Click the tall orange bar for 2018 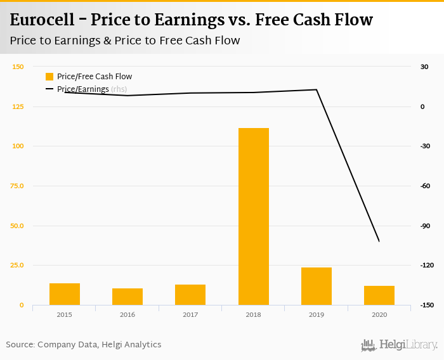click(253, 216)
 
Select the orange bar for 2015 click(65, 294)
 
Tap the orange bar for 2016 click(127, 297)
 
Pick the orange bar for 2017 click(190, 295)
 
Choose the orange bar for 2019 click(317, 286)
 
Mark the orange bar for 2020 click(379, 295)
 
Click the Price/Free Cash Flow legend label click(95, 77)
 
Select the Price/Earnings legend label click(83, 89)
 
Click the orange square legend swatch click(49, 77)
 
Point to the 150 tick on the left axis click(18, 67)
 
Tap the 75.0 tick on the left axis click(17, 186)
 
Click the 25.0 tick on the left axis click(17, 265)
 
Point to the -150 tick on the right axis click(426, 305)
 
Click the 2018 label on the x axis click(253, 314)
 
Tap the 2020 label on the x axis click(379, 314)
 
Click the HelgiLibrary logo click(400, 345)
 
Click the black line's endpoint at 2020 click(379, 241)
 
